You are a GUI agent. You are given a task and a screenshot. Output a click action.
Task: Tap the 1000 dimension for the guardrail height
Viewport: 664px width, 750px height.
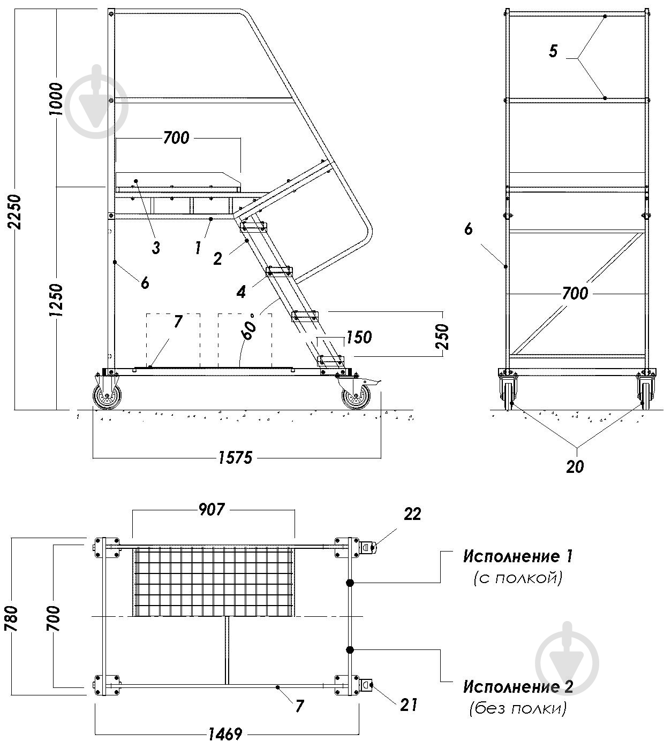(56, 99)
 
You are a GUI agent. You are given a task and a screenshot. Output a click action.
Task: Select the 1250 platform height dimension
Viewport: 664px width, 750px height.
(56, 300)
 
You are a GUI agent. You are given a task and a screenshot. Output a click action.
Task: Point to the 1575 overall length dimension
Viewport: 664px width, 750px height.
(235, 458)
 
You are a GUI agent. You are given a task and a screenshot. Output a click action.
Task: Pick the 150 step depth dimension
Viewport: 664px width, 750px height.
(358, 337)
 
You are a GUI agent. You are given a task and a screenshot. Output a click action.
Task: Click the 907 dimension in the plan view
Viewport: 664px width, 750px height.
(212, 510)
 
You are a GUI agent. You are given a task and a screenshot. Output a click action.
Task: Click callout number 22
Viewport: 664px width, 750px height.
(412, 514)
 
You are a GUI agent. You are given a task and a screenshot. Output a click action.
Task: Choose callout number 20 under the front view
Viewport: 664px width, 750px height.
(575, 467)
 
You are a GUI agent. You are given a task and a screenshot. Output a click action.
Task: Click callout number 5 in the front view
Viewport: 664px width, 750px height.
(553, 51)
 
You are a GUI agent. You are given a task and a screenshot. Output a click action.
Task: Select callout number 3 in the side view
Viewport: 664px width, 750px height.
(156, 248)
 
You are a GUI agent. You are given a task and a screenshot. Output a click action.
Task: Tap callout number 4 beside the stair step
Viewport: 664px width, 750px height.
(241, 293)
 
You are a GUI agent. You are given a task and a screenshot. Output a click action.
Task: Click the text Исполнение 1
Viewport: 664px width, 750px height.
(518, 556)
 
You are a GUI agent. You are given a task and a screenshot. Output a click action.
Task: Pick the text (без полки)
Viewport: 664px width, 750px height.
(518, 708)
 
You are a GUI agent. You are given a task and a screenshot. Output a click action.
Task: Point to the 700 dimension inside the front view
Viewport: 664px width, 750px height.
(575, 294)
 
